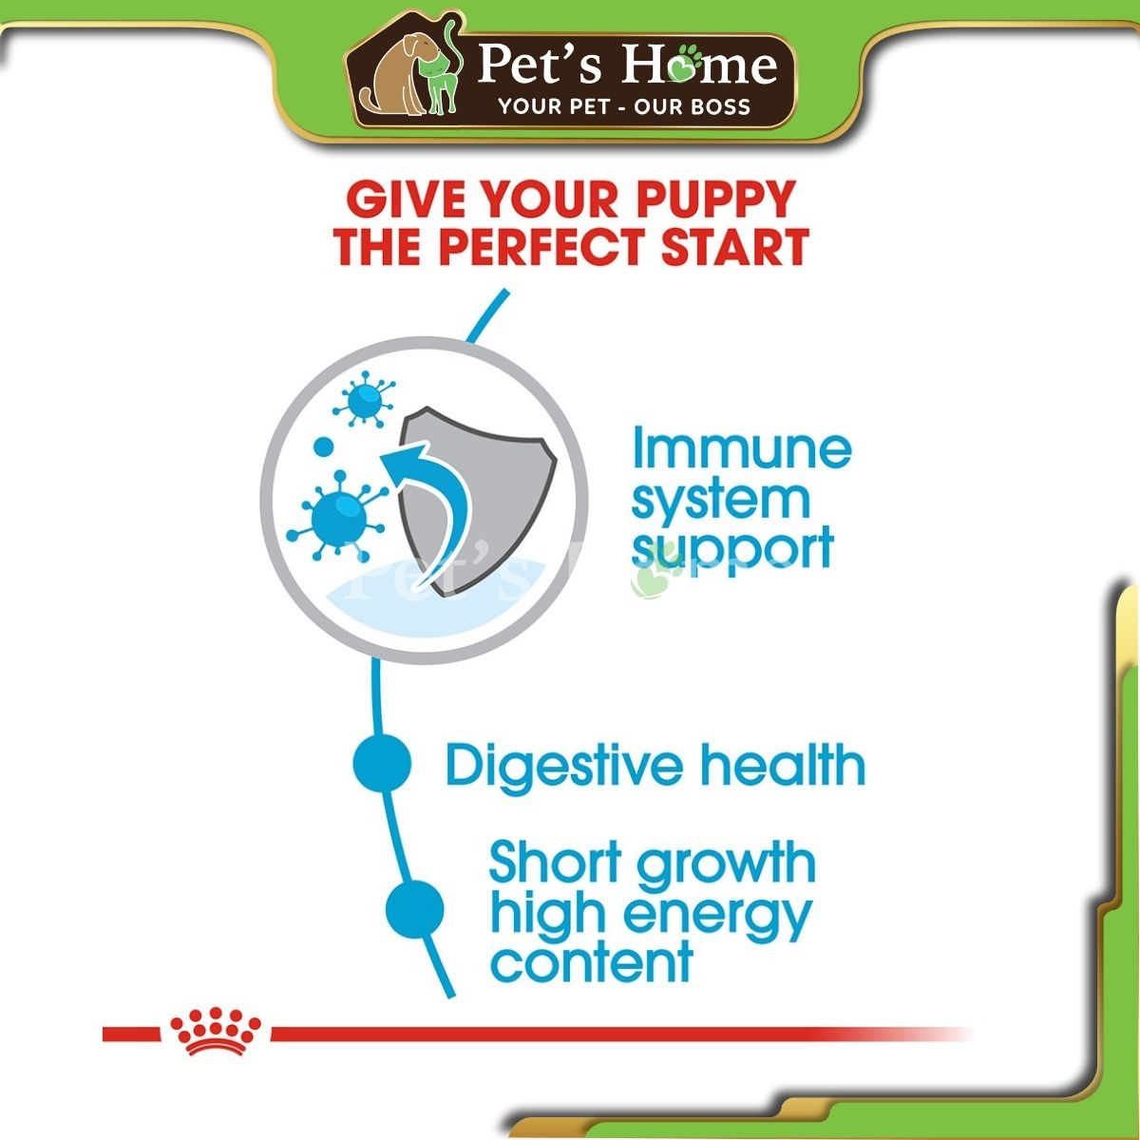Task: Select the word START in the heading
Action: [734, 246]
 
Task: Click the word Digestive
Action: [564, 766]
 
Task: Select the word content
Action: [592, 962]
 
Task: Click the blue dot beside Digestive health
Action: [382, 763]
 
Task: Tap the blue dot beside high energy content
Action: [415, 909]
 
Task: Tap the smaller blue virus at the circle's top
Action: [365, 399]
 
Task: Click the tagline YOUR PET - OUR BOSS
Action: [625, 106]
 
